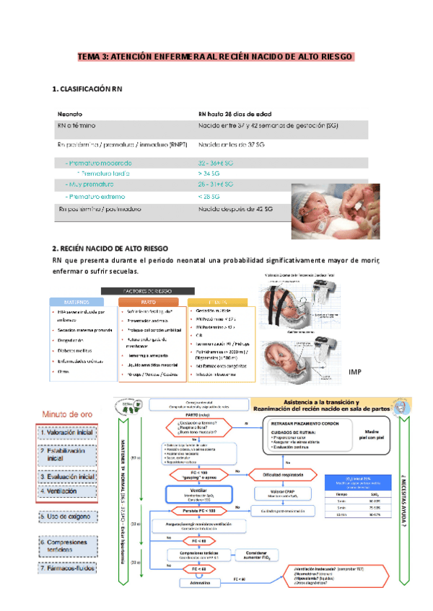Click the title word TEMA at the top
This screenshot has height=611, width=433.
pyautogui.click(x=92, y=56)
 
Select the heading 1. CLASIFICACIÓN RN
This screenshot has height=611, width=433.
pyautogui.click(x=87, y=89)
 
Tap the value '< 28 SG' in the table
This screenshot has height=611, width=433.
pyautogui.click(x=210, y=197)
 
